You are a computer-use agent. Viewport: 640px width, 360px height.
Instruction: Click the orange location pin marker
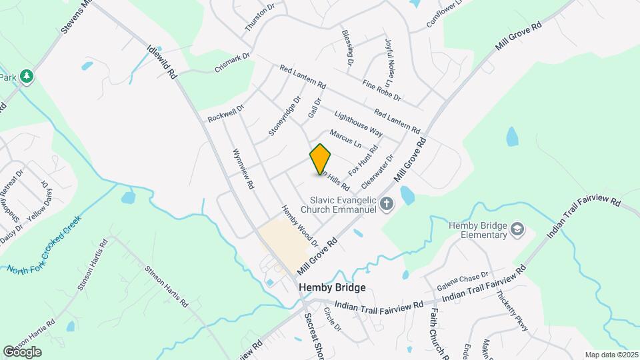pos(321,159)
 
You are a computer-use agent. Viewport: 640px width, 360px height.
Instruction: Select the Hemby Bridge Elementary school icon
pos(517,231)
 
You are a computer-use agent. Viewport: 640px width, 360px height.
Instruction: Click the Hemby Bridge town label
pos(332,287)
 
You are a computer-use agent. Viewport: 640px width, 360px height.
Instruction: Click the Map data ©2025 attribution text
pos(611,355)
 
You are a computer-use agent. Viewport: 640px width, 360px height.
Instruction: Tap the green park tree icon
pos(27,77)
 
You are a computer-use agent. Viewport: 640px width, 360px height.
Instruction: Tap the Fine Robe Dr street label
pos(381,91)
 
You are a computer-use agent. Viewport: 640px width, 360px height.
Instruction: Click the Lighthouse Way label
pos(359,123)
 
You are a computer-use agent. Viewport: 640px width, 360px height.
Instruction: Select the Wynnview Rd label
pos(243,169)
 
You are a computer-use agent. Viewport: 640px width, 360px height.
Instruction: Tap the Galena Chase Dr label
pos(463,281)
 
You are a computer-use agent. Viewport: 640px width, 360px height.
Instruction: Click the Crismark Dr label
pos(232,63)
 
